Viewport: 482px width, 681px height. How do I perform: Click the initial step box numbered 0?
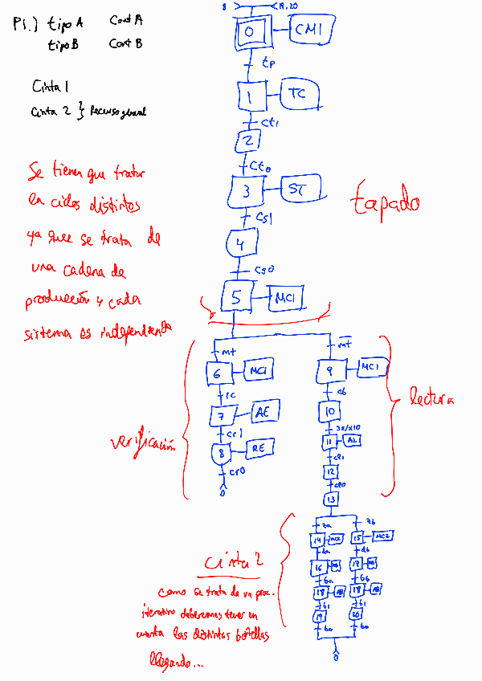click(x=251, y=31)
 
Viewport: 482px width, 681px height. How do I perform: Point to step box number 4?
click(x=241, y=242)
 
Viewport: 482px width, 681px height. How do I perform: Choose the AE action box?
click(x=263, y=412)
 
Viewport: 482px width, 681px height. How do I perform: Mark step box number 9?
click(x=330, y=370)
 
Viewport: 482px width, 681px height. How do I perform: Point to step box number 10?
click(x=330, y=412)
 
